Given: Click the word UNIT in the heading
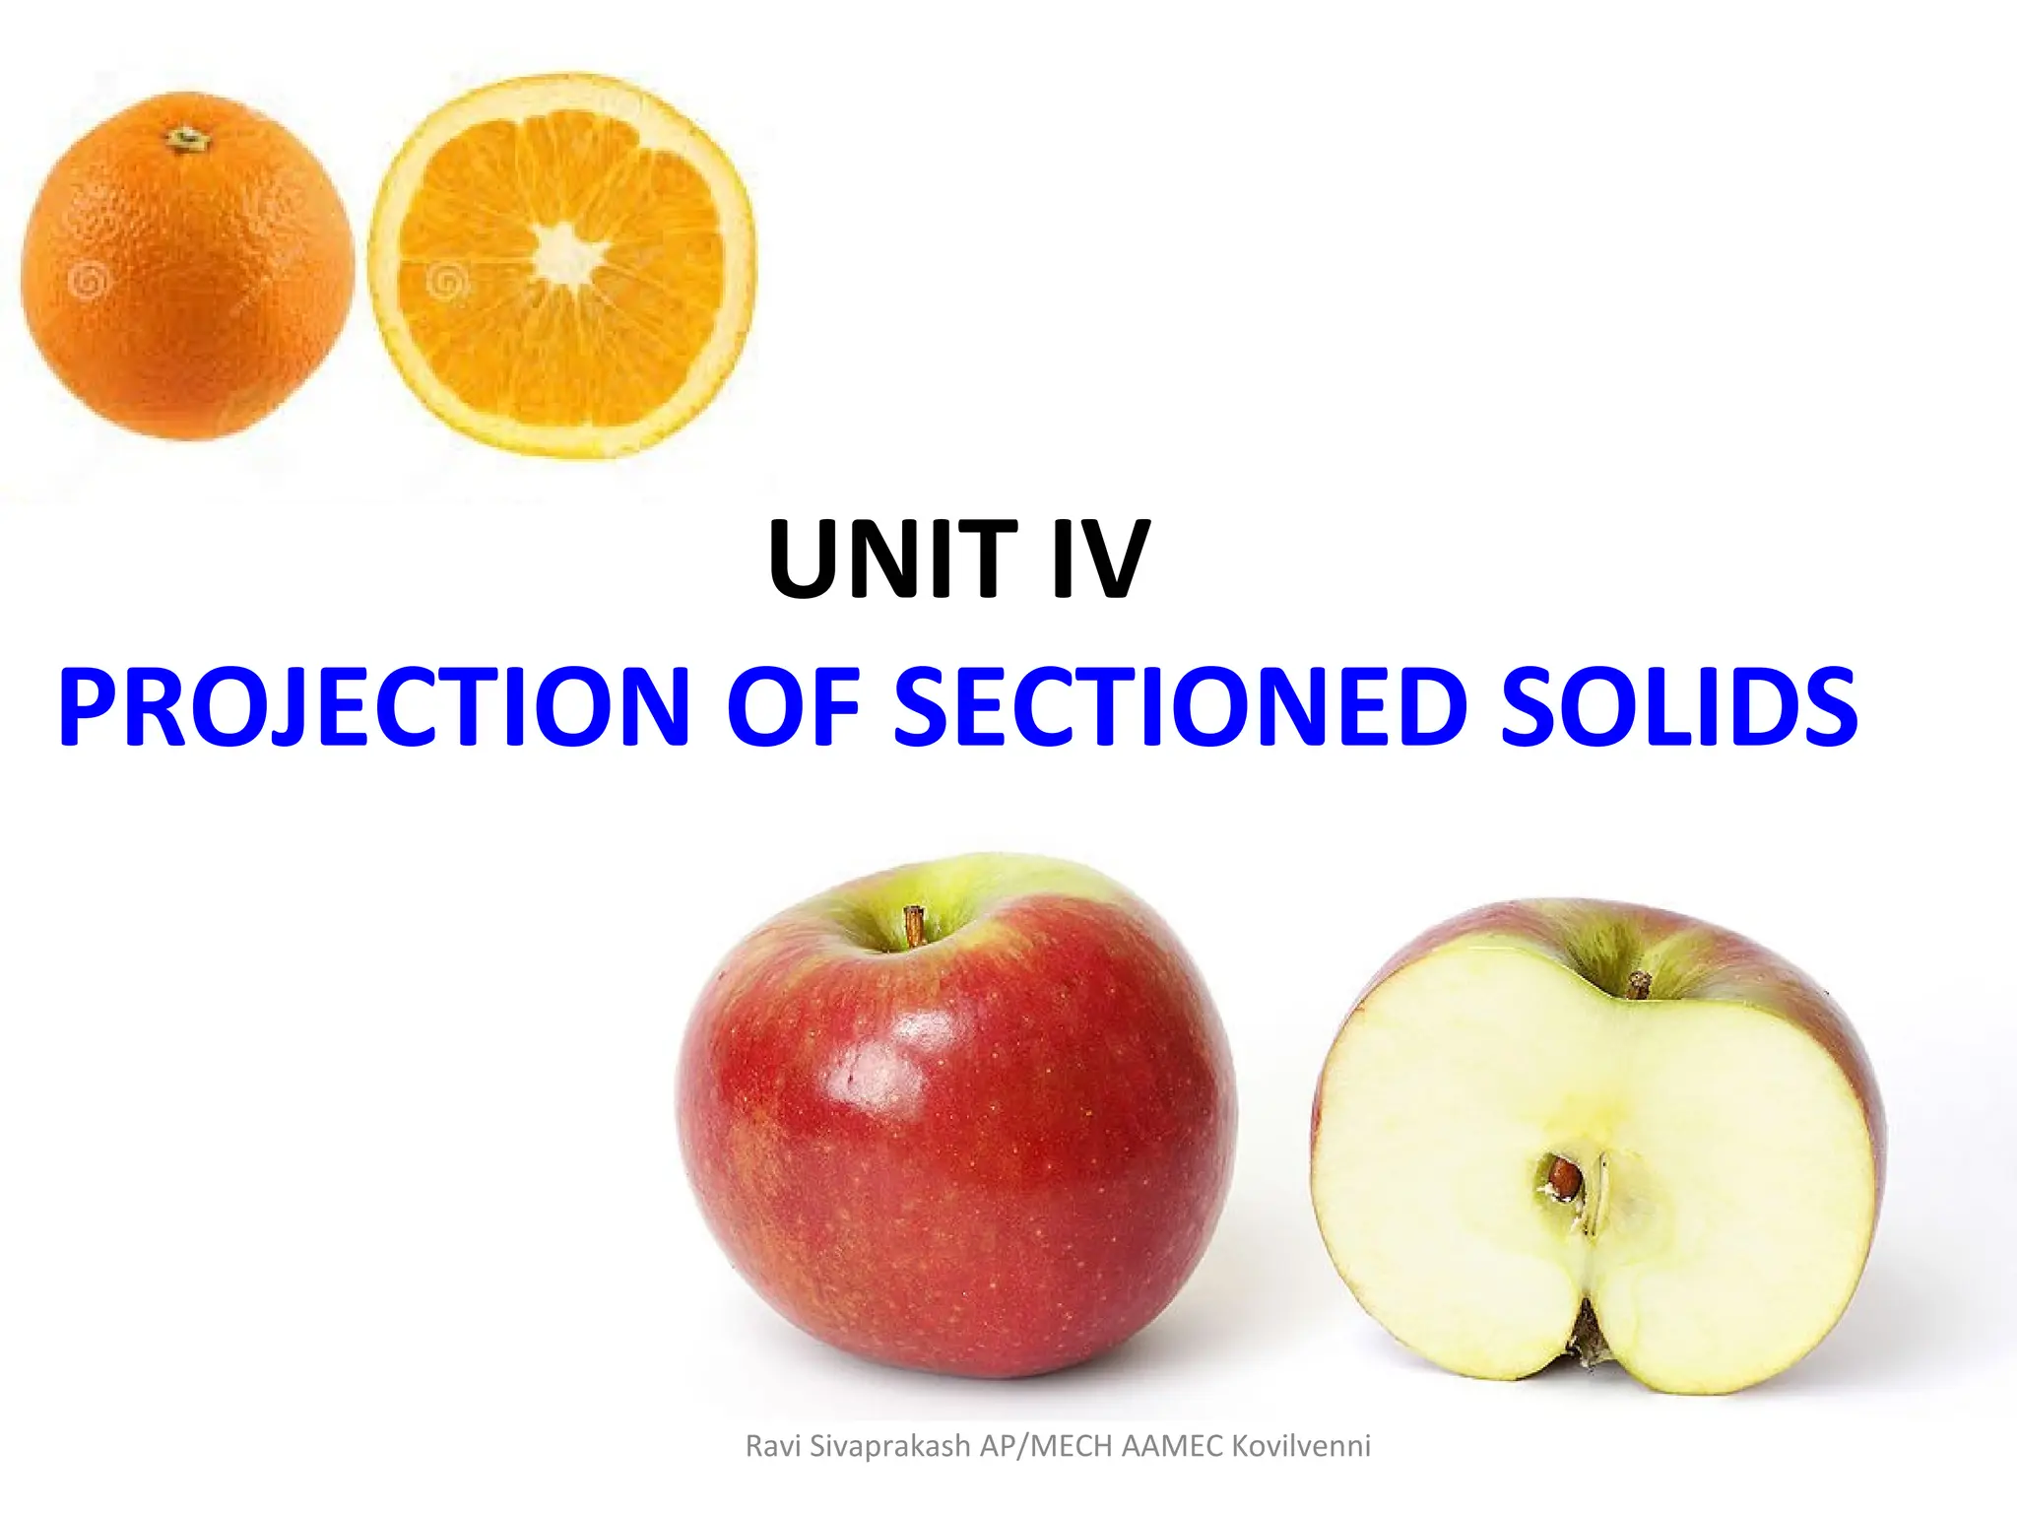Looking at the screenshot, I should click(892, 559).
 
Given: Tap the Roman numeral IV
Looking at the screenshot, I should click(1100, 559).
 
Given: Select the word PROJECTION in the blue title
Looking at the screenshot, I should click(374, 707).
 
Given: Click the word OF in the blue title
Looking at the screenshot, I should click(794, 707).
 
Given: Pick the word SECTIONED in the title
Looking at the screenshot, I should click(1181, 707).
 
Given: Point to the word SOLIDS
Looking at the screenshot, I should click(1678, 707).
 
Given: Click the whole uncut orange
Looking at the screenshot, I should click(187, 266).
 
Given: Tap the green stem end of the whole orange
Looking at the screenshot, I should click(186, 140).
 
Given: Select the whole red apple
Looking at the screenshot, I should click(955, 1113).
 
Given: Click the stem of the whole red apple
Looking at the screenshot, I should click(914, 926).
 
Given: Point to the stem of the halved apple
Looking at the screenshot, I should click(1638, 984).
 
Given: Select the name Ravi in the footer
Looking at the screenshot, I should click(773, 1446).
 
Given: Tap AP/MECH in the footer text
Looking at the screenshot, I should click(1046, 1446).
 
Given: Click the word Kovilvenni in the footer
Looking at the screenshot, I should click(1301, 1446).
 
